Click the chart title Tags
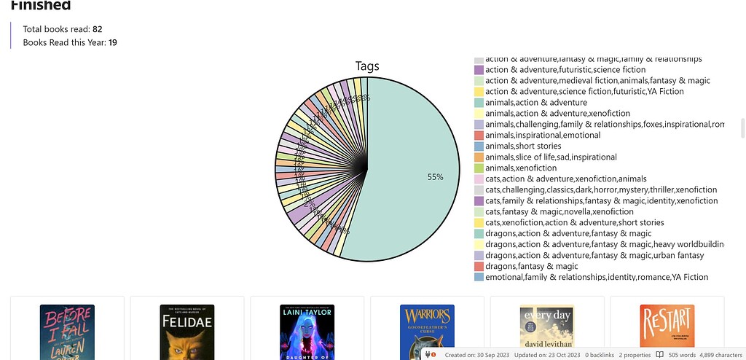[x=367, y=66]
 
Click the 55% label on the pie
[x=436, y=177]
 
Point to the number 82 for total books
[x=98, y=29]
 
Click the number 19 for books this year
[x=113, y=43]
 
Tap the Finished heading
[x=41, y=6]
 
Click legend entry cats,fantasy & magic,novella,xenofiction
[x=559, y=211]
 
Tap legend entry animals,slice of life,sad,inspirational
[x=551, y=157]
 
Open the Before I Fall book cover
[x=67, y=332]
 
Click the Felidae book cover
[x=187, y=332]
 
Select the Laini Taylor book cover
[x=307, y=332]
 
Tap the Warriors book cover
[x=427, y=332]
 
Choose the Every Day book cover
[x=546, y=328]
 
